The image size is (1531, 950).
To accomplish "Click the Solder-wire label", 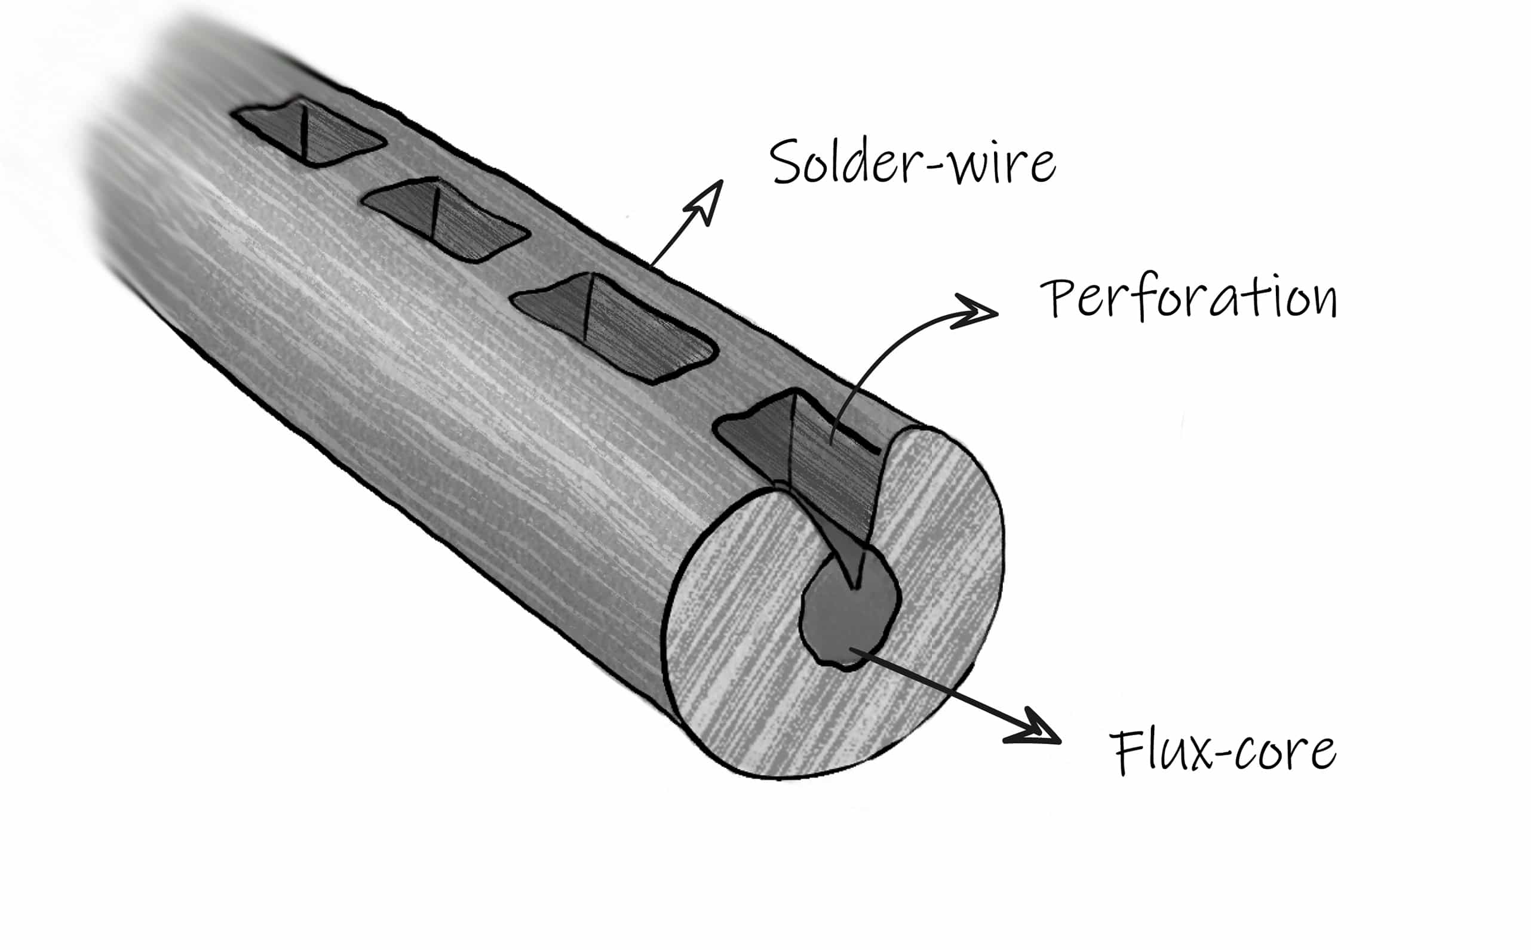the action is tap(912, 162).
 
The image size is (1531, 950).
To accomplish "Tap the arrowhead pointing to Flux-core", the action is tap(1034, 729).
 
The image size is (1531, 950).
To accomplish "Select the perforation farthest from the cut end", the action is tap(308, 132).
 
